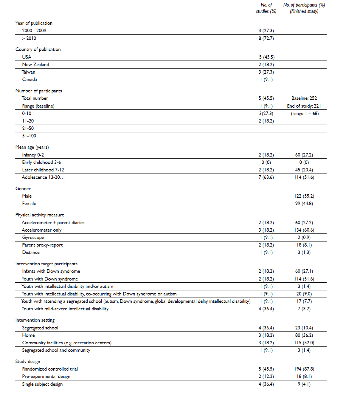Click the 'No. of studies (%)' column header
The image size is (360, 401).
pyautogui.click(x=266, y=8)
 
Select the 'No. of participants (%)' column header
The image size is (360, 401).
pyautogui.click(x=304, y=8)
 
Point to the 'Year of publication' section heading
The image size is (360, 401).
pyautogui.click(x=34, y=23)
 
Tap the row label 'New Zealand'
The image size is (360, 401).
pyautogui.click(x=35, y=65)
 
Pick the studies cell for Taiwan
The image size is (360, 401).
pyautogui.click(x=266, y=72)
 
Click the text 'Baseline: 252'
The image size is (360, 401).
pyautogui.click(x=304, y=98)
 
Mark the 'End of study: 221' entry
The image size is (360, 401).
pyautogui.click(x=304, y=106)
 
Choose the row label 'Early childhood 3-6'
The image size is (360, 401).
pyautogui.click(x=41, y=162)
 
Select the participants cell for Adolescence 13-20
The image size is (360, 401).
pyautogui.click(x=304, y=177)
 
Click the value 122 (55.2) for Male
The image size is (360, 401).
pyautogui.click(x=304, y=196)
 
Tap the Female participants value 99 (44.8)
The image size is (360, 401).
pyautogui.click(x=304, y=204)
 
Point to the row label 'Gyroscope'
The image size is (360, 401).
pyautogui.click(x=33, y=238)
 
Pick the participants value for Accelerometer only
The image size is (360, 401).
pyautogui.click(x=304, y=230)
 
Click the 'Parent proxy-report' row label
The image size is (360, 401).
pyautogui.click(x=42, y=245)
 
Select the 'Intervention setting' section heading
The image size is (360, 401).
pyautogui.click(x=35, y=320)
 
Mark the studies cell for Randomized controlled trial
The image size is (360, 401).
pyautogui.click(x=266, y=369)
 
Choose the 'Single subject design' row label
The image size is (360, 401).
pyautogui.click(x=42, y=384)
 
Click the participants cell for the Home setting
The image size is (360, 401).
pyautogui.click(x=304, y=335)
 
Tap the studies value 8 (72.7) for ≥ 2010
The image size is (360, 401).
pyautogui.click(x=266, y=38)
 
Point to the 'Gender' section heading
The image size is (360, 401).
pyautogui.click(x=23, y=189)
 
